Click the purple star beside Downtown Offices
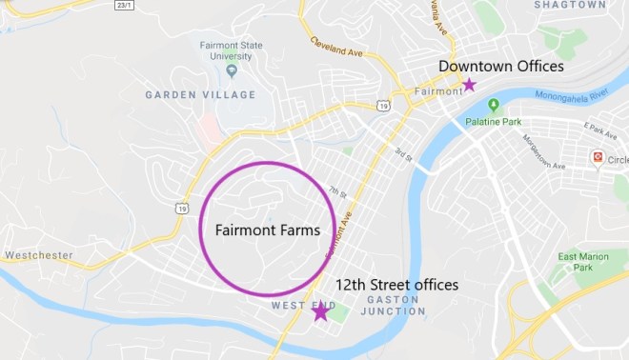point(469,85)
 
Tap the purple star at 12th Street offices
point(321,310)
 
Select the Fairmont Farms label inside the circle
point(267,230)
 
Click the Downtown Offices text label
point(501,67)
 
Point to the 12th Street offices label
point(396,285)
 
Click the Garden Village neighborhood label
point(200,94)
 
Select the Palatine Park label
point(494,121)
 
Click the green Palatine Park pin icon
point(494,105)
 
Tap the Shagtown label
point(569,5)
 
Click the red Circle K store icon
point(598,156)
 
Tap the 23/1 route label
point(125,5)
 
